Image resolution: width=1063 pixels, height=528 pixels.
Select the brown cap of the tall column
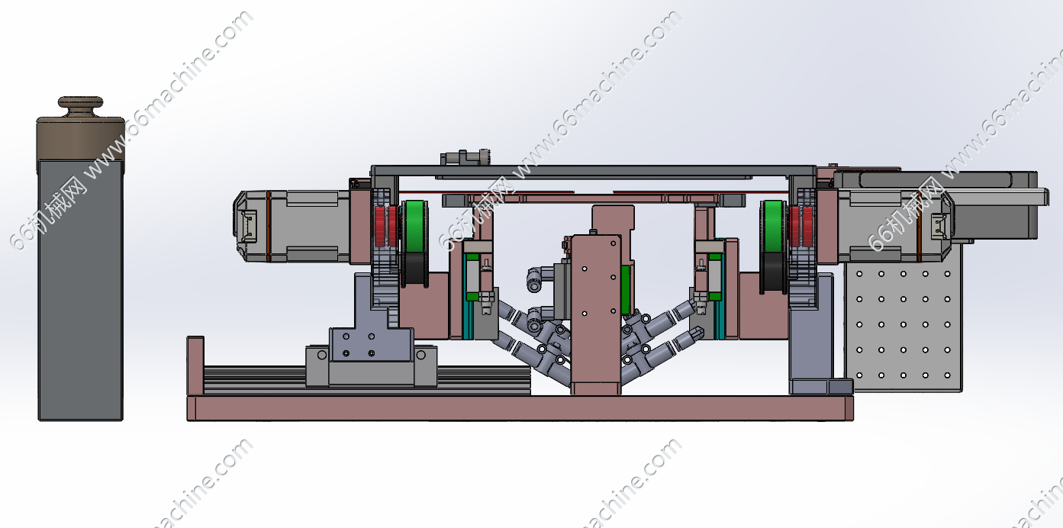81,138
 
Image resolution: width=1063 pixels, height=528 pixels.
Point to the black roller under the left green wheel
415,269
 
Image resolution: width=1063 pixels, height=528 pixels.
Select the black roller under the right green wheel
773,269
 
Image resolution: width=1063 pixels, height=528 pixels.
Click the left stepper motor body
295,227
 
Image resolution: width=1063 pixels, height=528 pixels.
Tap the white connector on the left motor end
249,227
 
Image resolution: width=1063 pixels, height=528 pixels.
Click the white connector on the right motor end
939,227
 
